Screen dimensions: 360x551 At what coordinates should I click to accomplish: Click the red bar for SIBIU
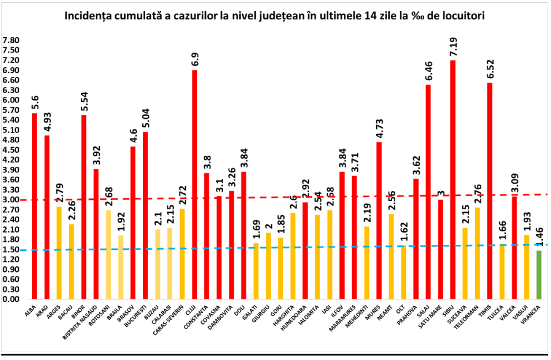click(x=453, y=180)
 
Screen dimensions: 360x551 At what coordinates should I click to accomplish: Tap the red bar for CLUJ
click(x=194, y=184)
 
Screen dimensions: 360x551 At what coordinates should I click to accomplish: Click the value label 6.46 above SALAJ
click(x=428, y=69)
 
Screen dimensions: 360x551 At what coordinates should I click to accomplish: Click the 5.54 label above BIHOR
click(x=84, y=99)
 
